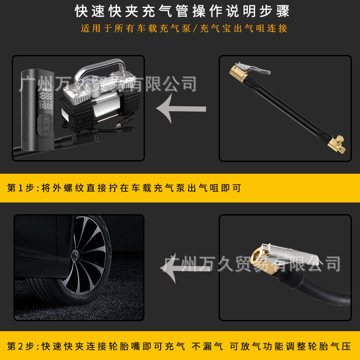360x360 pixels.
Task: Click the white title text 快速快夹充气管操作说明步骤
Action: click(x=182, y=10)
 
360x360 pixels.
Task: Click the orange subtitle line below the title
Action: click(x=184, y=28)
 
